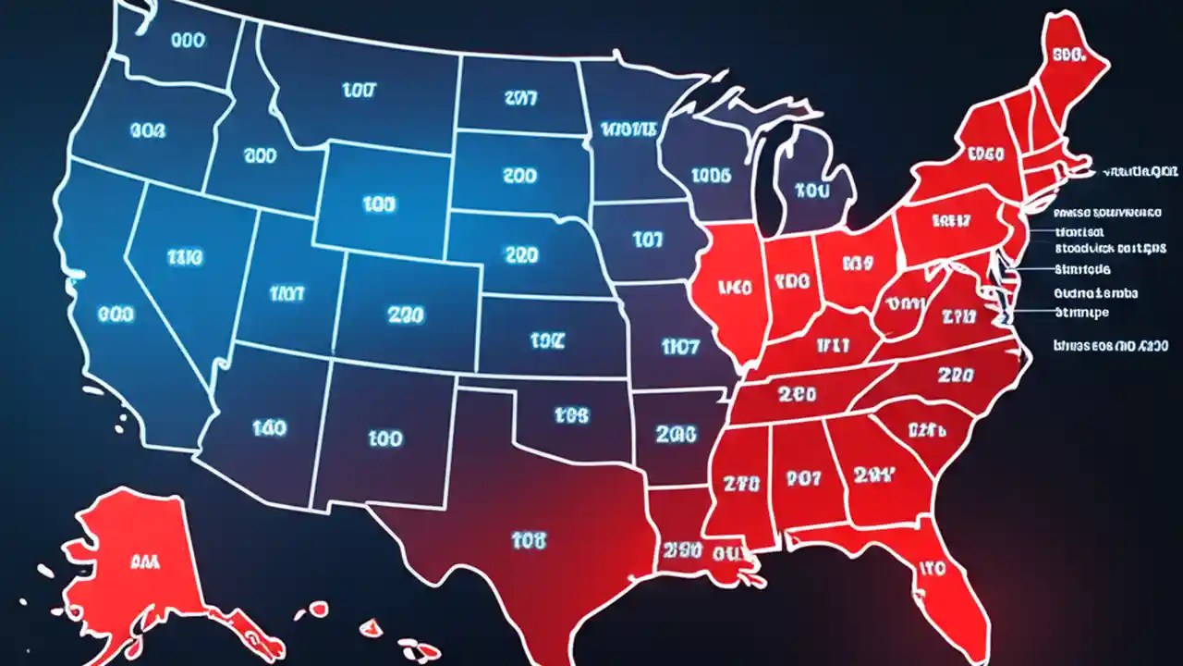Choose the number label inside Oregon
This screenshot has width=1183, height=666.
point(148,131)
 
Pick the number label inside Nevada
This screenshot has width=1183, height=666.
point(184,256)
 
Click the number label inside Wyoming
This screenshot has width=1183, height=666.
point(380,204)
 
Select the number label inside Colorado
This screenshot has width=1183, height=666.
point(406,314)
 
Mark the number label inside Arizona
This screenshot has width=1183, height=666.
point(268,427)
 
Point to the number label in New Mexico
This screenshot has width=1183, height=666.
point(384,437)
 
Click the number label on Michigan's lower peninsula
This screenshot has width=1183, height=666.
point(812,191)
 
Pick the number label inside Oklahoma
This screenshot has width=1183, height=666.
point(571,416)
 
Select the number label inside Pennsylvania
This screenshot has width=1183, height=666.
point(951,220)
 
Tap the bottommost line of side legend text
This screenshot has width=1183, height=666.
point(1110,345)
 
